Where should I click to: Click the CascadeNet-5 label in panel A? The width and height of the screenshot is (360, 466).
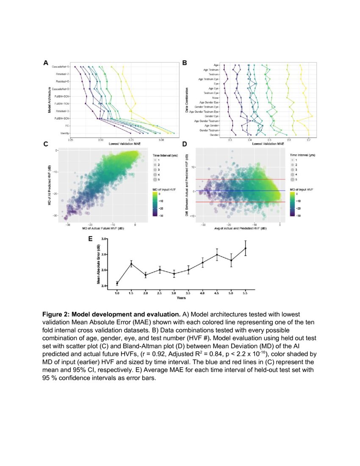(61, 67)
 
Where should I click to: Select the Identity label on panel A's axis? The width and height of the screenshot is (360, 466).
(65, 133)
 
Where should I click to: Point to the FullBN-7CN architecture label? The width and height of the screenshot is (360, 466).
(62, 103)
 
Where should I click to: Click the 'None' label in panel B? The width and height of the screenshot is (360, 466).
(216, 97)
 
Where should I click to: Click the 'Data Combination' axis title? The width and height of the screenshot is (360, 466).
(187, 100)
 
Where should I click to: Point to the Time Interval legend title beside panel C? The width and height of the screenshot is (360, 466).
(165, 156)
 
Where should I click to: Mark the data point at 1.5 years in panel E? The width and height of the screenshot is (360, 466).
(131, 264)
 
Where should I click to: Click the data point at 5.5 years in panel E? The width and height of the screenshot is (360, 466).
(245, 248)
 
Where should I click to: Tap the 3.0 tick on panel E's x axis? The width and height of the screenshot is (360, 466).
(174, 293)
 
